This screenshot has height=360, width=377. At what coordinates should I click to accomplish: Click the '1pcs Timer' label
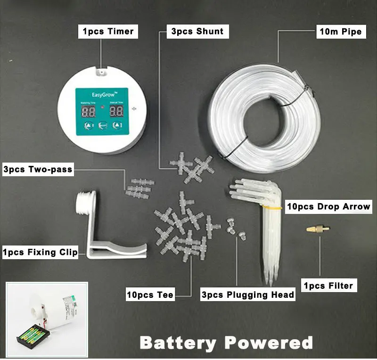tap(108, 32)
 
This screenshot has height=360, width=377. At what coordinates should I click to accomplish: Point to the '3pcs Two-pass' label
tap(38, 169)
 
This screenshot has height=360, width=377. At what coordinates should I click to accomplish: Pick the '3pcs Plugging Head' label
tap(247, 295)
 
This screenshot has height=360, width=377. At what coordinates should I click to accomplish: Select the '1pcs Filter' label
tap(328, 285)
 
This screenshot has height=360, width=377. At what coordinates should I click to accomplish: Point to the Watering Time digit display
tap(88, 112)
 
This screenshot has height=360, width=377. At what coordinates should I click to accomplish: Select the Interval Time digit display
tap(116, 112)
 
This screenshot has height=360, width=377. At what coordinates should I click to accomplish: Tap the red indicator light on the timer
tap(102, 108)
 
